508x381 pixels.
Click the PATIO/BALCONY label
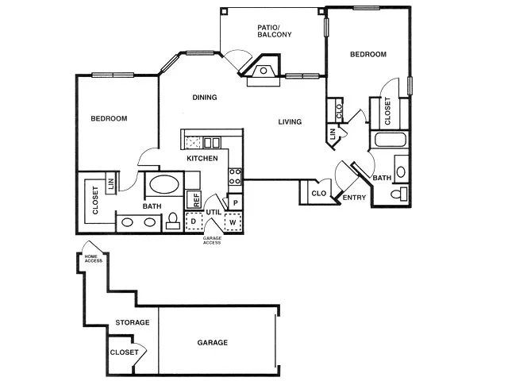(x=275, y=31)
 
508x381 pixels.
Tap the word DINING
(x=205, y=97)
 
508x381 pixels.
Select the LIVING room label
(x=290, y=121)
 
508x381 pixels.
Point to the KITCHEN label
(x=202, y=159)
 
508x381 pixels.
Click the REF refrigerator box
(x=194, y=199)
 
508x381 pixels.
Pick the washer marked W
(x=233, y=221)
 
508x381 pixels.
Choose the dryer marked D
(x=194, y=221)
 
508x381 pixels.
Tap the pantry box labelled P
(x=236, y=203)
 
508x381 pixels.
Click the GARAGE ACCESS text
(x=212, y=240)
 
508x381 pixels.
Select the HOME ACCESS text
(x=94, y=259)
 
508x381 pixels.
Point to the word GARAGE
(x=213, y=342)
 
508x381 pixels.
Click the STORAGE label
(x=133, y=322)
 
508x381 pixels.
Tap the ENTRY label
(x=354, y=198)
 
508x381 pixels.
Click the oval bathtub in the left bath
(x=164, y=184)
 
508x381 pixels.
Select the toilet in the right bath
(x=398, y=194)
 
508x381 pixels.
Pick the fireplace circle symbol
(x=264, y=71)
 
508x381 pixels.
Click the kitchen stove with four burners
(x=235, y=176)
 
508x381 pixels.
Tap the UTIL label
(x=214, y=212)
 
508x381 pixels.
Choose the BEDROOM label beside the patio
(x=368, y=54)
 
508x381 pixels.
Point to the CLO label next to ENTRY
(x=319, y=194)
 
